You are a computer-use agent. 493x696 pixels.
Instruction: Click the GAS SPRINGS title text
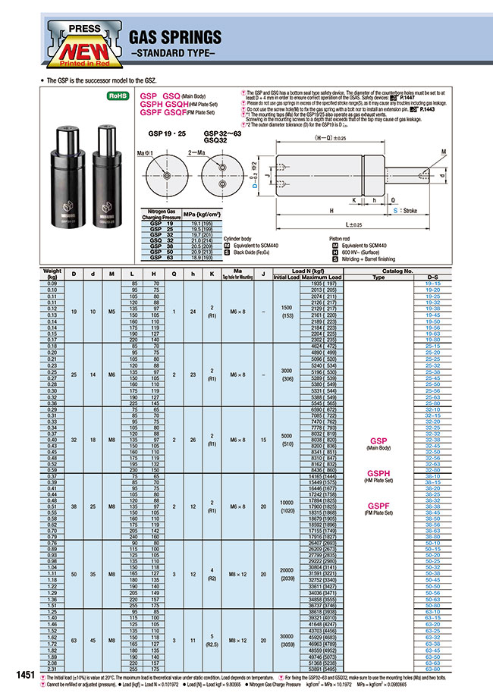pyautogui.click(x=175, y=37)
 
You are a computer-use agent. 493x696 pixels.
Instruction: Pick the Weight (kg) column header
pyautogui.click(x=52, y=273)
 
